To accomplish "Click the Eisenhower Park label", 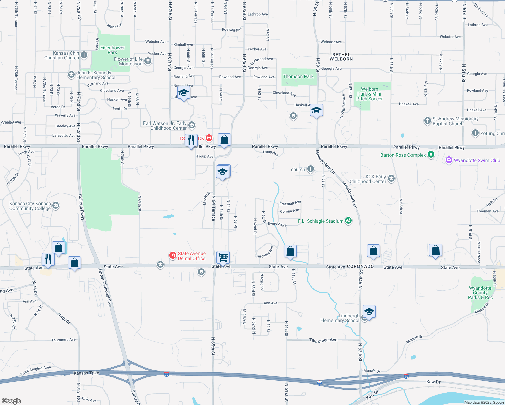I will (112, 50).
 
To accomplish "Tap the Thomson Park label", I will (298, 77).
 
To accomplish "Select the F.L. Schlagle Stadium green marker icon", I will (349, 221).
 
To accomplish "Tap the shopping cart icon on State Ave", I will (223, 258).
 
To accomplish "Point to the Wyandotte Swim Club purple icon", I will (449, 160).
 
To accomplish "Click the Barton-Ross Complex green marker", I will (431, 155).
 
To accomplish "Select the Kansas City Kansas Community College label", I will (30, 206).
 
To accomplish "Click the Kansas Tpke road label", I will (86, 373).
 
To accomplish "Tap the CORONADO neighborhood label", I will (361, 267).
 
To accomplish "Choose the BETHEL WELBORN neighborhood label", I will (341, 57).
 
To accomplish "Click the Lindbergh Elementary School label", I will (340, 318).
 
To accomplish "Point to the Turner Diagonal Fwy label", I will (104, 287).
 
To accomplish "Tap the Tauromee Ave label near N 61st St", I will (323, 340).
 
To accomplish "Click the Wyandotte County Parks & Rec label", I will (480, 293).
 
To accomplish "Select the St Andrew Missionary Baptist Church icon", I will (427, 120).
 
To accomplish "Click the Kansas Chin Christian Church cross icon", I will (84, 55).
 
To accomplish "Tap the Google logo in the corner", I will (11, 401).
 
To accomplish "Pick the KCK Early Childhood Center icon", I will (391, 178).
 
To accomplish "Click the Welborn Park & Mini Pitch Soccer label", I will (370, 94).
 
